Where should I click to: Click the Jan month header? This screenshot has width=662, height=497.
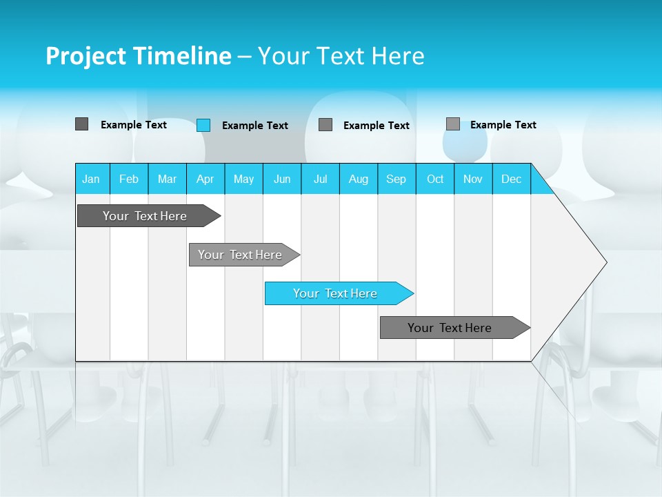(x=91, y=179)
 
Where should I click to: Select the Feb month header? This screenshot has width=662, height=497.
(x=129, y=179)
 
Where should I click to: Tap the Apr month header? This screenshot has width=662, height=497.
(x=205, y=179)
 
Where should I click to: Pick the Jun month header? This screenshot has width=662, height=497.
(x=282, y=179)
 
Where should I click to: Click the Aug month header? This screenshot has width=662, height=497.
(x=359, y=179)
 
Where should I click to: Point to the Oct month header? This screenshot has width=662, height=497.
(x=435, y=179)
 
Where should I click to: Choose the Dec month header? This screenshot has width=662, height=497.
(x=511, y=179)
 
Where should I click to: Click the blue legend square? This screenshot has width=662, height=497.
(x=203, y=125)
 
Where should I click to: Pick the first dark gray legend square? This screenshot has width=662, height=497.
(x=81, y=124)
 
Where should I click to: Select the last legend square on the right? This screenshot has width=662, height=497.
(x=453, y=124)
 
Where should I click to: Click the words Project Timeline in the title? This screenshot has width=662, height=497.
(x=139, y=56)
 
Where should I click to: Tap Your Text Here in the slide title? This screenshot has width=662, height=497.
(x=341, y=56)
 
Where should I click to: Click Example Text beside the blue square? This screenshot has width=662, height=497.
(x=255, y=126)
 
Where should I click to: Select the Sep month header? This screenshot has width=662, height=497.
(x=397, y=179)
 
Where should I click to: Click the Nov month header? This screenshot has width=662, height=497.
(x=473, y=179)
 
